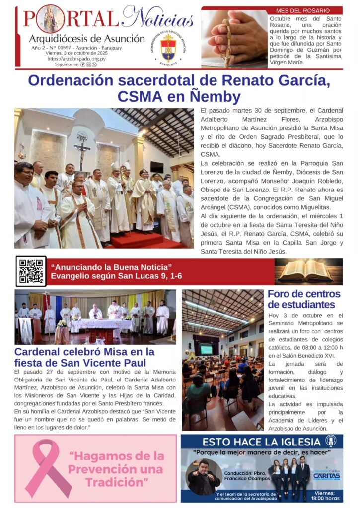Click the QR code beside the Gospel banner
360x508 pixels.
(31, 271)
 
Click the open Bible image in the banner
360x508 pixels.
(308, 271)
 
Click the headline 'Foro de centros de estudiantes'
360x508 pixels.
(303, 299)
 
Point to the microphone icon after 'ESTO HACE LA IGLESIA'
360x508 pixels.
(331, 441)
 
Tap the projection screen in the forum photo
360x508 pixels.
(207, 349)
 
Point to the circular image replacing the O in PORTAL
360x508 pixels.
(50, 18)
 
